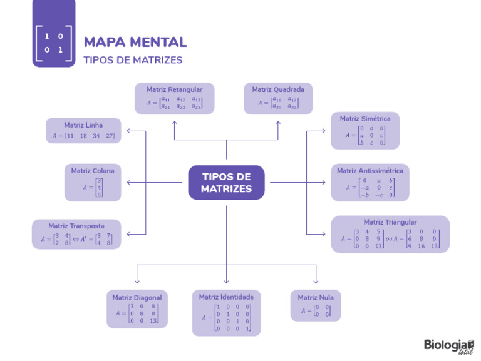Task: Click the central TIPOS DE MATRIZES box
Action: pyautogui.click(x=226, y=183)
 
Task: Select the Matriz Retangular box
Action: pyautogui.click(x=174, y=99)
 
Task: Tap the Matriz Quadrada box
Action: pyautogui.click(x=278, y=99)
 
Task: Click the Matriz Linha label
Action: pyautogui.click(x=83, y=125)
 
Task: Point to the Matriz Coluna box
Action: pyautogui.click(x=93, y=182)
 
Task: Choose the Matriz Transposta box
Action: pyautogui.click(x=76, y=233)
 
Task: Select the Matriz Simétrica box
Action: pyautogui.click(x=365, y=131)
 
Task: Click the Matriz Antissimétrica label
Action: pyautogui.click(x=370, y=171)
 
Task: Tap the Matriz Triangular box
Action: pyautogui.click(x=390, y=235)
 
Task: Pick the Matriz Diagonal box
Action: pyautogui.click(x=137, y=309)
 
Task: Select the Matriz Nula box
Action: pyautogui.click(x=316, y=305)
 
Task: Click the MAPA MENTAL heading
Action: pyautogui.click(x=135, y=42)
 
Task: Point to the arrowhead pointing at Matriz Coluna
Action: pyautogui.click(x=129, y=182)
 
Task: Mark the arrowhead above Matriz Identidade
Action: pyautogui.click(x=226, y=281)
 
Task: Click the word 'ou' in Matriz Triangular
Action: pyautogui.click(x=389, y=238)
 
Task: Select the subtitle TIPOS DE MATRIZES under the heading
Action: pyautogui.click(x=133, y=60)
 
